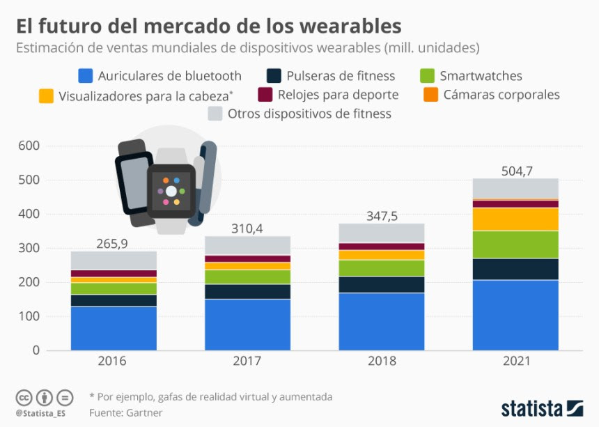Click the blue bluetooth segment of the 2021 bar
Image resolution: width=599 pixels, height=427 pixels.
(515, 315)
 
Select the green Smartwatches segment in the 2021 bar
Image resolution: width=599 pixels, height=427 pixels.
(515, 244)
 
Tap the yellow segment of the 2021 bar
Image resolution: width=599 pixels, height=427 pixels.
(515, 219)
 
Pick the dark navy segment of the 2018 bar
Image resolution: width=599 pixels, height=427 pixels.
(381, 284)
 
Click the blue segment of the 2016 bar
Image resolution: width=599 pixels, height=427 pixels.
(114, 328)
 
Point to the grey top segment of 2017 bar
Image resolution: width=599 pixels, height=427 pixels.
(247, 245)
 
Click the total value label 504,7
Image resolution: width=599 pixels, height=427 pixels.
(515, 169)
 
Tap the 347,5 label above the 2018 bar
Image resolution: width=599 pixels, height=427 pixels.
(381, 216)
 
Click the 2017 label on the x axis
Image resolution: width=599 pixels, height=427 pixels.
(247, 362)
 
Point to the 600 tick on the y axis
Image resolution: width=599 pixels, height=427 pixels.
(29, 146)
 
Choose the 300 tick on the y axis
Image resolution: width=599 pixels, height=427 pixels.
(29, 249)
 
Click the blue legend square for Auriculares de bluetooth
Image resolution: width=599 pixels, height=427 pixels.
(86, 76)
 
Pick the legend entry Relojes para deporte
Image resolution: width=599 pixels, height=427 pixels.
(327, 95)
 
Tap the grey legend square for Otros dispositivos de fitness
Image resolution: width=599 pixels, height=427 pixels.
(215, 114)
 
